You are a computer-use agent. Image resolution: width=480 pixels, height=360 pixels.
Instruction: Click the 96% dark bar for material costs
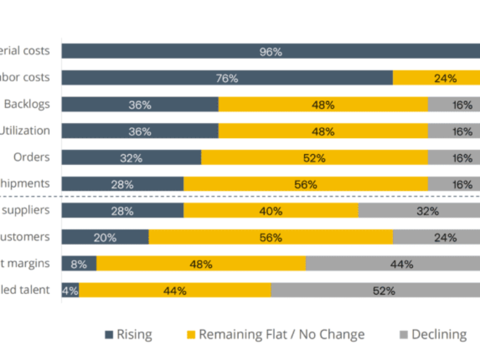270,51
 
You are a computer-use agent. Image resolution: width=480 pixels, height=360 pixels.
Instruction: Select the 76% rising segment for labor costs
227,78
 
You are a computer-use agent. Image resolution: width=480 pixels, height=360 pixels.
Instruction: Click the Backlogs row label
27,104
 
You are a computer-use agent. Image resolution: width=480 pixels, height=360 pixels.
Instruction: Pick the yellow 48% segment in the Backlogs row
323,104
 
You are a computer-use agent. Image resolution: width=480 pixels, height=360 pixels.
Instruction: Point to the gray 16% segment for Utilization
454,131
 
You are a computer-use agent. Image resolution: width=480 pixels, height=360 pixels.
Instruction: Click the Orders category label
32,157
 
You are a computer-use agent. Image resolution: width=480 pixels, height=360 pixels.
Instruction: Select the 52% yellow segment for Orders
314,158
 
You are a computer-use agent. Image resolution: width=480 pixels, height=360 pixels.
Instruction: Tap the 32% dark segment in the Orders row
131,158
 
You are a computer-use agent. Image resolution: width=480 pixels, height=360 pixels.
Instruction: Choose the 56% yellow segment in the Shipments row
305,184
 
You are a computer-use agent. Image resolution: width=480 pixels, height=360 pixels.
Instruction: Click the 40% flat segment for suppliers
271,211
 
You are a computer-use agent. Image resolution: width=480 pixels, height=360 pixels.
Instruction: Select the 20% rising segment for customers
105,237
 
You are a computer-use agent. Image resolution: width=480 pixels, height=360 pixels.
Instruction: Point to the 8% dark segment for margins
79,263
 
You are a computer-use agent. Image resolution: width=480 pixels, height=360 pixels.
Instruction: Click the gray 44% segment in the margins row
393,263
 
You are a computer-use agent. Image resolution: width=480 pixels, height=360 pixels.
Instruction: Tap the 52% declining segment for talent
376,290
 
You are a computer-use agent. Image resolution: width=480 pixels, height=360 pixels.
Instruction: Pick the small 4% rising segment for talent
70,290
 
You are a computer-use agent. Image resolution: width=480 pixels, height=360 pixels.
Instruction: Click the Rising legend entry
128,334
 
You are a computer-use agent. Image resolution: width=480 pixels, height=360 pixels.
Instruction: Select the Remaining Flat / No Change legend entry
276,334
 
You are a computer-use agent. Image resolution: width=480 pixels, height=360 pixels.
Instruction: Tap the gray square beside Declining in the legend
403,335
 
